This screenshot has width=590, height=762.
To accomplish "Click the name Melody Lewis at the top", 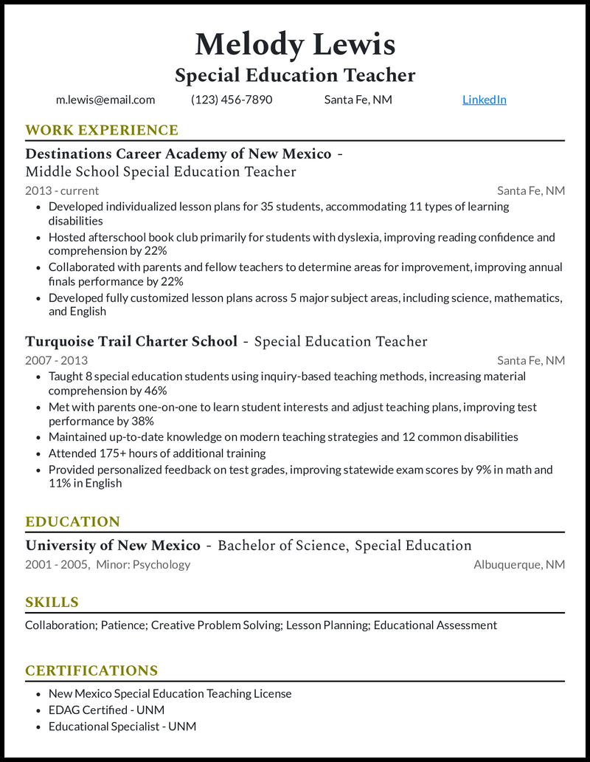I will (x=295, y=44).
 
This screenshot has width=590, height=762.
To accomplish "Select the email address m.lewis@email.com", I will (x=105, y=100).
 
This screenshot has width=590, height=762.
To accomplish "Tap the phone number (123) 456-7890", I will (x=232, y=100).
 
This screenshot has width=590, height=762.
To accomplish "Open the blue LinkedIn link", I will (x=484, y=100).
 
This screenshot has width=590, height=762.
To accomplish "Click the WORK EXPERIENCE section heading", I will (x=102, y=131).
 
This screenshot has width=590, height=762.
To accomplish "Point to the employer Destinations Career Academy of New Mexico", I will (x=178, y=154).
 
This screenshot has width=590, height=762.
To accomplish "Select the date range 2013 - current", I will (x=62, y=190).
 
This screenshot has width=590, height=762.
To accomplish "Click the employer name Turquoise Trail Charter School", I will (x=131, y=341).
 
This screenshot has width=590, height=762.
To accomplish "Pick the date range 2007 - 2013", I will (x=56, y=360).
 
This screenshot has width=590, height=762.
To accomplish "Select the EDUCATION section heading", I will (x=72, y=522).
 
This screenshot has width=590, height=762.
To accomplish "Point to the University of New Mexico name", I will (x=113, y=546).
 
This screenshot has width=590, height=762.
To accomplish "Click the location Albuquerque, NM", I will (x=519, y=565).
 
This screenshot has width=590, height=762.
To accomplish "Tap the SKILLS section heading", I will (x=52, y=603).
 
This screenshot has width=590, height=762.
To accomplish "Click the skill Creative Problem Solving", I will (x=217, y=625).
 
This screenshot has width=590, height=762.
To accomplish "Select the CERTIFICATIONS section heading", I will (x=91, y=671).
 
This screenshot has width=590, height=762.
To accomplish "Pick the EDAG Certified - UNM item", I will (x=106, y=710).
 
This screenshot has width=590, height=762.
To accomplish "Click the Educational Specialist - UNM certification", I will (x=122, y=727).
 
